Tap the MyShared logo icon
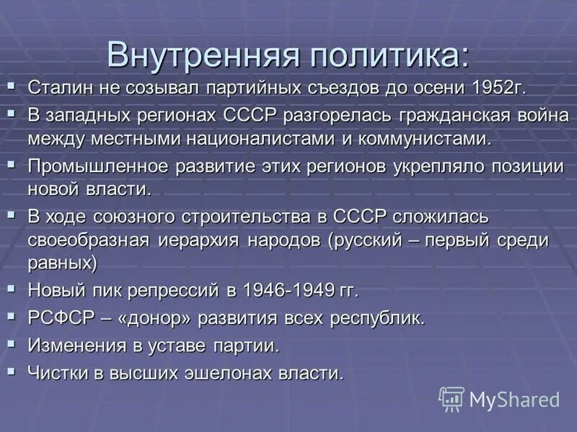point(452,399)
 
